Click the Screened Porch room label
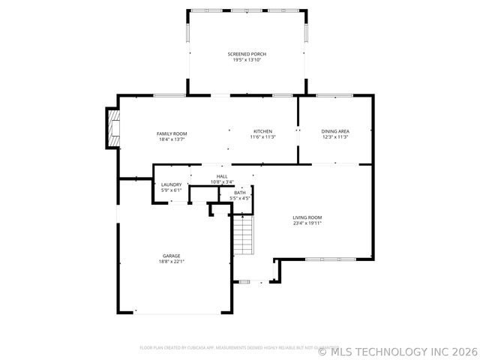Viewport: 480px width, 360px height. click(247, 54)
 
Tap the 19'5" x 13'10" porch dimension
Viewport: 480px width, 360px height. click(247, 60)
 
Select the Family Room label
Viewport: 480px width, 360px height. click(171, 133)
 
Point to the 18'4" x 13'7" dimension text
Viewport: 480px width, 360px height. click(171, 139)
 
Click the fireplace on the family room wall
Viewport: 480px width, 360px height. click(113, 128)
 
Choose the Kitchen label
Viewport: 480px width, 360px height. click(262, 131)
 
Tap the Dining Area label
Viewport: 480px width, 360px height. click(335, 131)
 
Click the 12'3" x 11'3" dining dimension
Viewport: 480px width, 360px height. click(335, 137)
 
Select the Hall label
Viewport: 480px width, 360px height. click(222, 176)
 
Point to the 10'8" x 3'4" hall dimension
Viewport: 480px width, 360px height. click(222, 181)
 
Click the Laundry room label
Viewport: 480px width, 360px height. click(171, 184)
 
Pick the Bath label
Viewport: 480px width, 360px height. click(239, 193)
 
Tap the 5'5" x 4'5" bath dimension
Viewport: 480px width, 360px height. click(239, 198)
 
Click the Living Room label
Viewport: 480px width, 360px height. click(307, 217)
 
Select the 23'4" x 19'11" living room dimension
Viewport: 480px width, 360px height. click(307, 223)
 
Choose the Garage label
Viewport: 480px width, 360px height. click(171, 256)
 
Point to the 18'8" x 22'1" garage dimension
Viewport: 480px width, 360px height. click(171, 262)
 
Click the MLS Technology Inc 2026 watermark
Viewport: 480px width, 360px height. click(397, 350)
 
